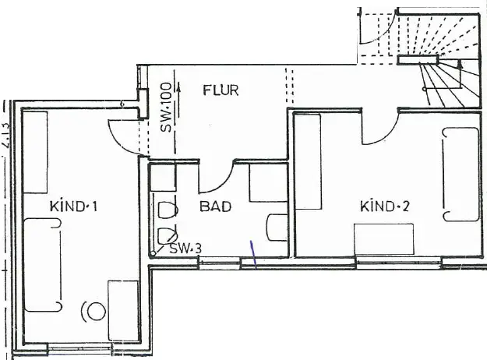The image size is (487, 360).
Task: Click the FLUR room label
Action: coord(221,90)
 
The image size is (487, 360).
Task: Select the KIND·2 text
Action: coord(384,206)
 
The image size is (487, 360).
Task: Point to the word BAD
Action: coord(214,207)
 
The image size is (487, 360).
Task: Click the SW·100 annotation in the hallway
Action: coord(165,108)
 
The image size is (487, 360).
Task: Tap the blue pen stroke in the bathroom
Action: coord(253,253)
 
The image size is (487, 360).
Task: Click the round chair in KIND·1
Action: coord(95,311)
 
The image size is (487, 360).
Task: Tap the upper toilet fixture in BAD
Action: coord(164,210)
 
